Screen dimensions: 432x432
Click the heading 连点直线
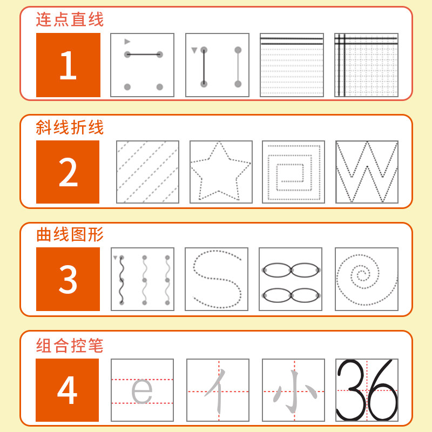70,20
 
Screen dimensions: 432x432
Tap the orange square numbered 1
68,65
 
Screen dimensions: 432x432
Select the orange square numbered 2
68,172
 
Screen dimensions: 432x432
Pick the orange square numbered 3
68,279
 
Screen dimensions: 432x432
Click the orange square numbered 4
67,390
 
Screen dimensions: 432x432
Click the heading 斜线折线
70,128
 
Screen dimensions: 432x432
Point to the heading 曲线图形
70,235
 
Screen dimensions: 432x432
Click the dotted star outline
221,172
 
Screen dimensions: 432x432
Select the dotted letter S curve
217,279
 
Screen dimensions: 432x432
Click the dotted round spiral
367,279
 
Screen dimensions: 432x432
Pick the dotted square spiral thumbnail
294,172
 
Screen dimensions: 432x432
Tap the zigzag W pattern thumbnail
367,172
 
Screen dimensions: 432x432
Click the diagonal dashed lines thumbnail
147,172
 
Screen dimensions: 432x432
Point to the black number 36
367,390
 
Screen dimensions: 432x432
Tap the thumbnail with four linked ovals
291,279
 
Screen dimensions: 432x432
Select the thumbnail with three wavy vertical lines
143,279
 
